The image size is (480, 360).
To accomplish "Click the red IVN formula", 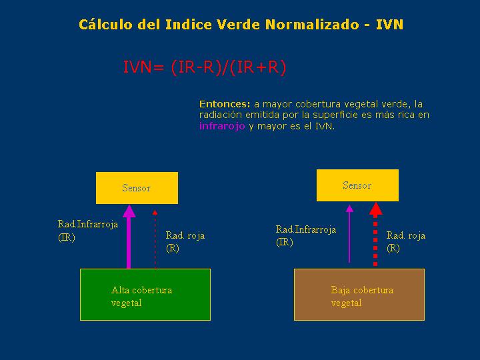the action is [205, 67].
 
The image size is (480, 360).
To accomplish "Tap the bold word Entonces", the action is [225, 104].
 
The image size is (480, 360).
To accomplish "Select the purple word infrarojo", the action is [222, 126].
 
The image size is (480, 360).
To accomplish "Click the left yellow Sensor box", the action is [137, 188].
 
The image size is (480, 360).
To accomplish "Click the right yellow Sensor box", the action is [357, 185].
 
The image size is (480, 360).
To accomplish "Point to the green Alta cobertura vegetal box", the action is [145, 295].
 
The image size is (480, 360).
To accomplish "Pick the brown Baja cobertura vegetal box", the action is [359, 295].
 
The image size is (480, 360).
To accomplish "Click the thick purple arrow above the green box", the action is [129, 237].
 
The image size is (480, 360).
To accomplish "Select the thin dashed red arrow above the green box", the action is [155, 239].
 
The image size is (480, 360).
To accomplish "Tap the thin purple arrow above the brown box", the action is [349, 234].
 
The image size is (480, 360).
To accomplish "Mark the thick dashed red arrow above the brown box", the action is [375, 234].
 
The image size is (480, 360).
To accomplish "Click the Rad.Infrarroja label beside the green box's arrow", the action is [88, 231].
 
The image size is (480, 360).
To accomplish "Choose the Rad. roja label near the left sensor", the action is [185, 241].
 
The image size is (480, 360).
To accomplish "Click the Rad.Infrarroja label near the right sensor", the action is [306, 235].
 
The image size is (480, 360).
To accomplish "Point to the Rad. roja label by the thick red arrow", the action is [405, 241].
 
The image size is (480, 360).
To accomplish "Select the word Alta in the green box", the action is [119, 289].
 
